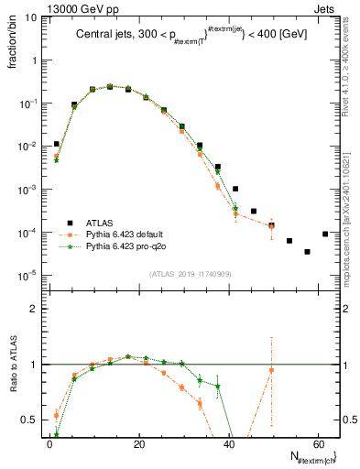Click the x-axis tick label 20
tap(138, 443)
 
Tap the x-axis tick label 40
tap(228, 443)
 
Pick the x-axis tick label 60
tap(317, 443)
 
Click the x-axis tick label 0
tap(49, 443)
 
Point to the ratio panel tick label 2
tap(33, 309)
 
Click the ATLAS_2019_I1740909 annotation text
tap(190, 273)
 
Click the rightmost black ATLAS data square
tap(325, 234)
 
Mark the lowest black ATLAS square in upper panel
tap(307, 251)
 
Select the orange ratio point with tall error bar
tap(271, 370)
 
